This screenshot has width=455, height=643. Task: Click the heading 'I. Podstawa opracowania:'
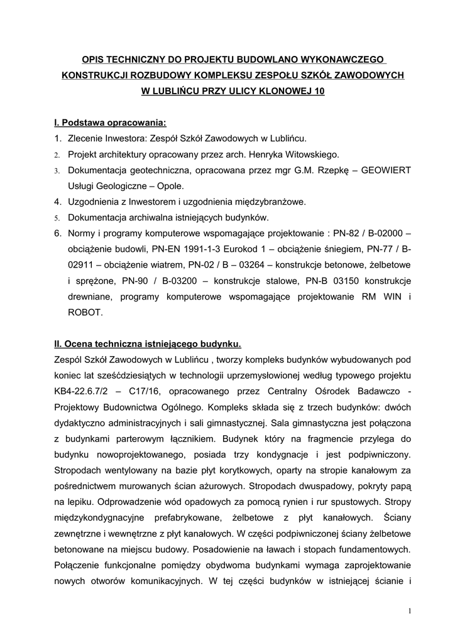point(110,122)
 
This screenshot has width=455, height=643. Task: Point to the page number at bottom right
point(409,611)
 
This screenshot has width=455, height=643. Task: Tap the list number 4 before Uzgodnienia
point(57,202)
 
